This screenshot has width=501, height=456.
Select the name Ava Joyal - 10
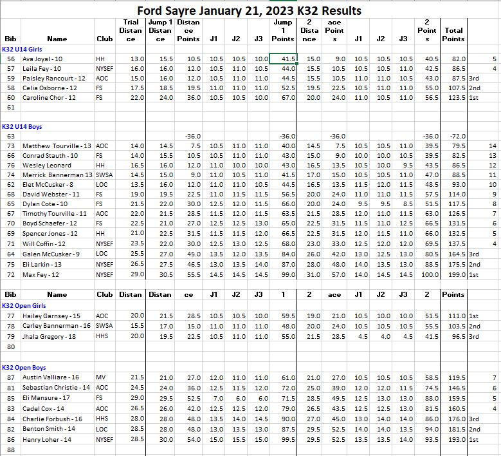42,59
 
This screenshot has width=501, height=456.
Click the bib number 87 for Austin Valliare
10,377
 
